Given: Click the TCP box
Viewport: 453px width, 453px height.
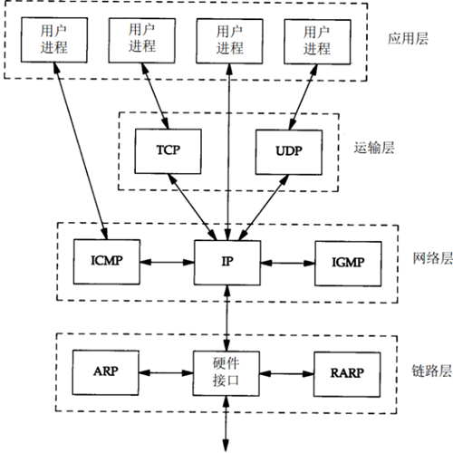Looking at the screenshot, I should coord(162,149).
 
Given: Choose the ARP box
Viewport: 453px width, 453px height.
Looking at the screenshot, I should coord(101,371).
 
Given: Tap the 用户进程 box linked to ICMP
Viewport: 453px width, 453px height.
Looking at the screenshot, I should coord(52,38).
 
